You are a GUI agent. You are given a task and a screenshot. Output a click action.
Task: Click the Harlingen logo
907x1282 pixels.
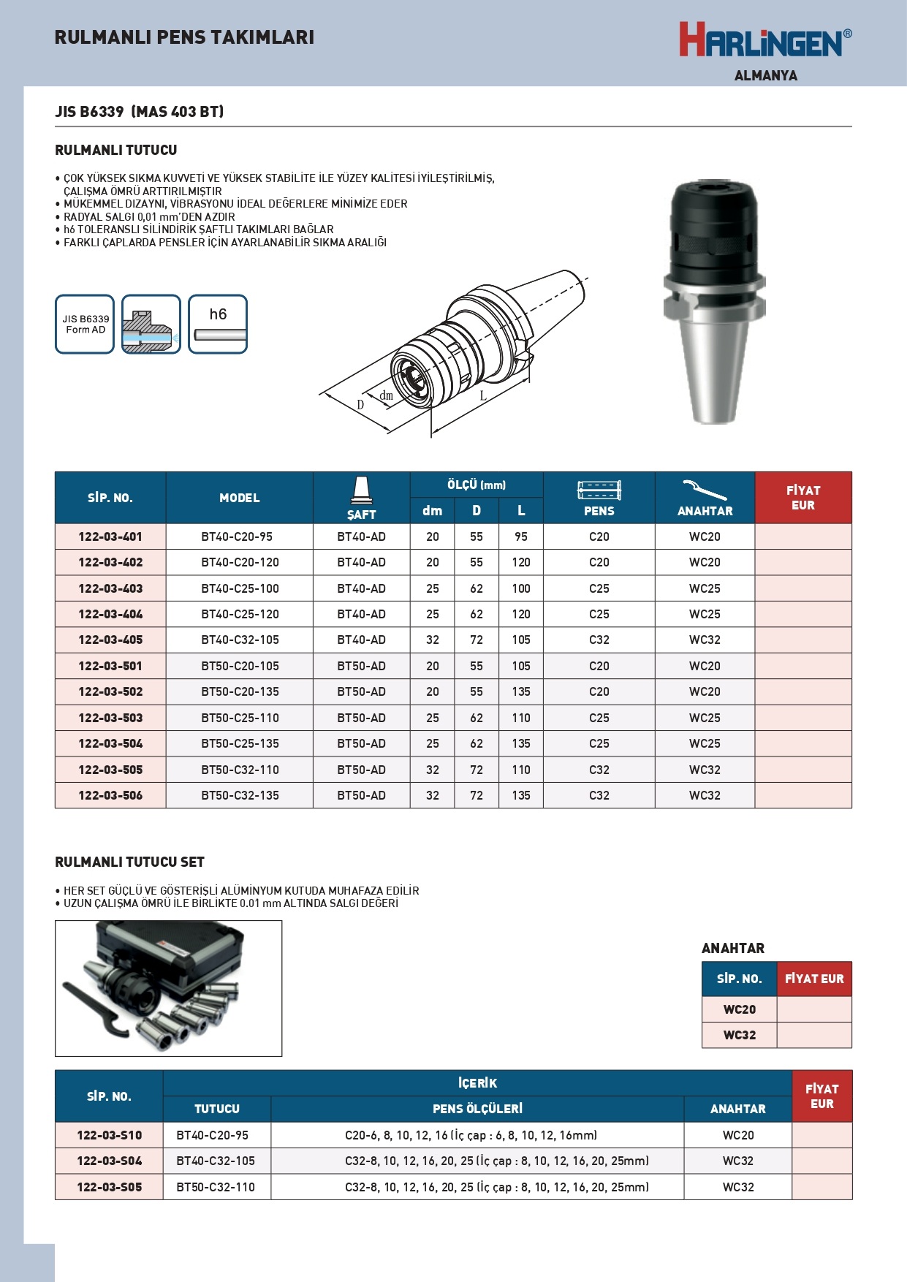tap(764, 40)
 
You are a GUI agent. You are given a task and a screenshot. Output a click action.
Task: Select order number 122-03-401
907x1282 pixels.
tap(110, 536)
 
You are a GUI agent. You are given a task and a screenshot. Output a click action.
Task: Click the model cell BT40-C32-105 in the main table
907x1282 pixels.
tap(240, 640)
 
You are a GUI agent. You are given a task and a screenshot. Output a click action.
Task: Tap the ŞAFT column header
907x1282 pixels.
tap(361, 498)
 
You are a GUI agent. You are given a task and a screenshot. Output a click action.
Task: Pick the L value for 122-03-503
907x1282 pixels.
tap(520, 718)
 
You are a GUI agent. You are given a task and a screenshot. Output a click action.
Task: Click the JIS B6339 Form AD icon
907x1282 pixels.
tap(85, 325)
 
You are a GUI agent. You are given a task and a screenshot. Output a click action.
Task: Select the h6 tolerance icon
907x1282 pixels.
tap(218, 325)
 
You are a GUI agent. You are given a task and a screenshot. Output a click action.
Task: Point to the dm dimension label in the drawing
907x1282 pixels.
tap(386, 395)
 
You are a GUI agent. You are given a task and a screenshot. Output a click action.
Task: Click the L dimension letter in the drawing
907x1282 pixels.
tap(483, 396)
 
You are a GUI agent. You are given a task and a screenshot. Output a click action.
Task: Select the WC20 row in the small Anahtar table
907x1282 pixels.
tap(740, 1009)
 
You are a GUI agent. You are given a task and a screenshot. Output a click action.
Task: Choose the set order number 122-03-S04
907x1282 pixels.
tap(110, 1161)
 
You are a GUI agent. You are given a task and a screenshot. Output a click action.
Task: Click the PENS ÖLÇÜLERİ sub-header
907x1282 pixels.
tap(477, 1109)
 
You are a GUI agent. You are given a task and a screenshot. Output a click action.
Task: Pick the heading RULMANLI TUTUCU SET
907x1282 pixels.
tap(129, 862)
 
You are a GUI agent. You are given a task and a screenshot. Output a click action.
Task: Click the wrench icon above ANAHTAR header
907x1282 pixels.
tap(704, 489)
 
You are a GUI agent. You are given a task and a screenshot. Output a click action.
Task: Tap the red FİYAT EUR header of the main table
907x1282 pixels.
tap(802, 498)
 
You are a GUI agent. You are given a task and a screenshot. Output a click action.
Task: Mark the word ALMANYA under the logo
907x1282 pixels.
tap(765, 75)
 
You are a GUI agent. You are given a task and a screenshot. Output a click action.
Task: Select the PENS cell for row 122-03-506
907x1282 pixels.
tap(599, 795)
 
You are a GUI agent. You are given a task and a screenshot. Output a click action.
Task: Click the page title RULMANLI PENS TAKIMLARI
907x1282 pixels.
tap(184, 37)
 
